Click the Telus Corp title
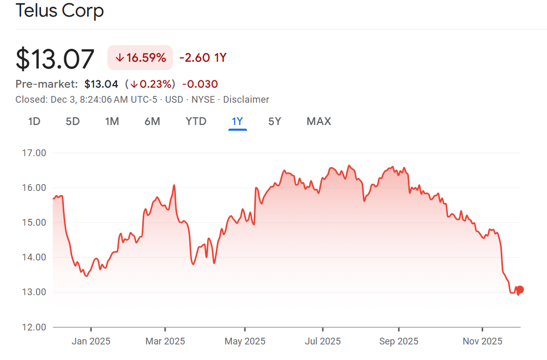(x=60, y=10)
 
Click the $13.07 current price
(x=55, y=59)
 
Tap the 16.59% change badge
(x=140, y=58)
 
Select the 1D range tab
(x=34, y=121)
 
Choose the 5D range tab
(x=73, y=121)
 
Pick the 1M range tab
(x=112, y=121)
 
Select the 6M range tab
(x=152, y=121)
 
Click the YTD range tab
(x=196, y=121)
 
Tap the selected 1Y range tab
(x=237, y=121)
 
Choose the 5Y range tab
(x=275, y=121)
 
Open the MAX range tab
(x=319, y=121)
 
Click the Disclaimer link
(x=246, y=99)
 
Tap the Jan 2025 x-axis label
(x=91, y=341)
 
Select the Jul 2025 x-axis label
(x=323, y=341)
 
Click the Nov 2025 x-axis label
(x=482, y=341)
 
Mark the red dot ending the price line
(x=520, y=289)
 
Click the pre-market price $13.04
(x=101, y=84)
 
